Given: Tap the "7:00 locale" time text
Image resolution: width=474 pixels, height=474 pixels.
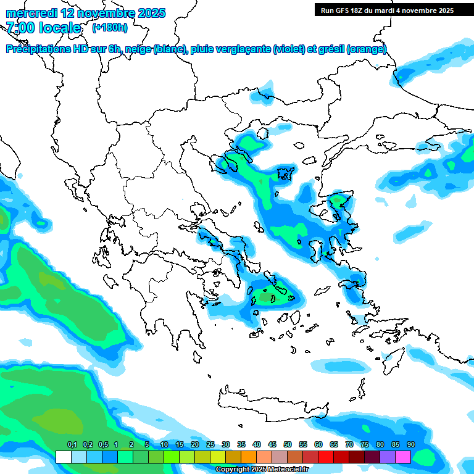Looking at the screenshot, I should [43, 28].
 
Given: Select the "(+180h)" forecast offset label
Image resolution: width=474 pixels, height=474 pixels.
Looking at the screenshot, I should [110, 28].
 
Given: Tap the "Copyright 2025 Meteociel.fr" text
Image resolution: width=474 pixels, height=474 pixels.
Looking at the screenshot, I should [262, 470].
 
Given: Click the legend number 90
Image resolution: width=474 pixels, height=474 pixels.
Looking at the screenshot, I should [411, 444].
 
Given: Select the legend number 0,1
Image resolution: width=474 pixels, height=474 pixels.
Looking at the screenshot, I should [72, 444].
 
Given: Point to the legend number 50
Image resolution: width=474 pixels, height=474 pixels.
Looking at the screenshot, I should [288, 444].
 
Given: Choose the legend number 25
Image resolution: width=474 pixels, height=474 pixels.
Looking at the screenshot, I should [210, 444].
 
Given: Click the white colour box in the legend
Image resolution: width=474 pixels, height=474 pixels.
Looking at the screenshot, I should [63, 457].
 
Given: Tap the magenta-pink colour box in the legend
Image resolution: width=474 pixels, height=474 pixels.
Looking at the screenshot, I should [403, 457].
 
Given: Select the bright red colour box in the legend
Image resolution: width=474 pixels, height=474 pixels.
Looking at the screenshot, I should [326, 457].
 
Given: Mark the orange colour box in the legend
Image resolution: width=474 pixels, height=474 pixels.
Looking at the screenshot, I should [249, 457].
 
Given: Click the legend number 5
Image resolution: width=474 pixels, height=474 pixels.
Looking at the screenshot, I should [147, 444].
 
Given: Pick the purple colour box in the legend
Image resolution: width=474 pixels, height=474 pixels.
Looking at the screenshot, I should [388, 457].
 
